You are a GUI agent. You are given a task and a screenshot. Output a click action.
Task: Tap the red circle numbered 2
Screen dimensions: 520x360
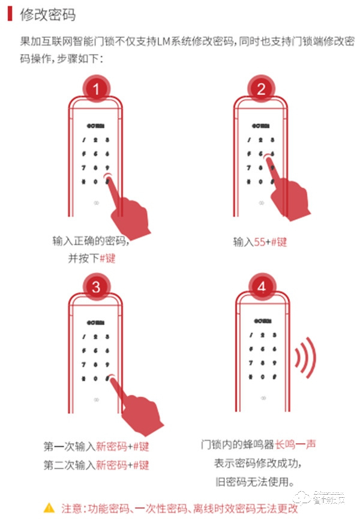tap(261, 90)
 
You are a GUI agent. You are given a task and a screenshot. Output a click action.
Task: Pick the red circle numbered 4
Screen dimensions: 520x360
tap(261, 286)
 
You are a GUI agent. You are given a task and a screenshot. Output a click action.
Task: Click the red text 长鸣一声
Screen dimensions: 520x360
tap(295, 445)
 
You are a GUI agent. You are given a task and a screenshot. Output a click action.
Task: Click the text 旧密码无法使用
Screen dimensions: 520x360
tap(261, 482)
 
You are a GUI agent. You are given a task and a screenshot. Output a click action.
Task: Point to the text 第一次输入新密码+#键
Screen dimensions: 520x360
tap(96, 447)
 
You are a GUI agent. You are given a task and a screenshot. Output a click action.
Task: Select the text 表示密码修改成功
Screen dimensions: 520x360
tap(261, 464)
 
